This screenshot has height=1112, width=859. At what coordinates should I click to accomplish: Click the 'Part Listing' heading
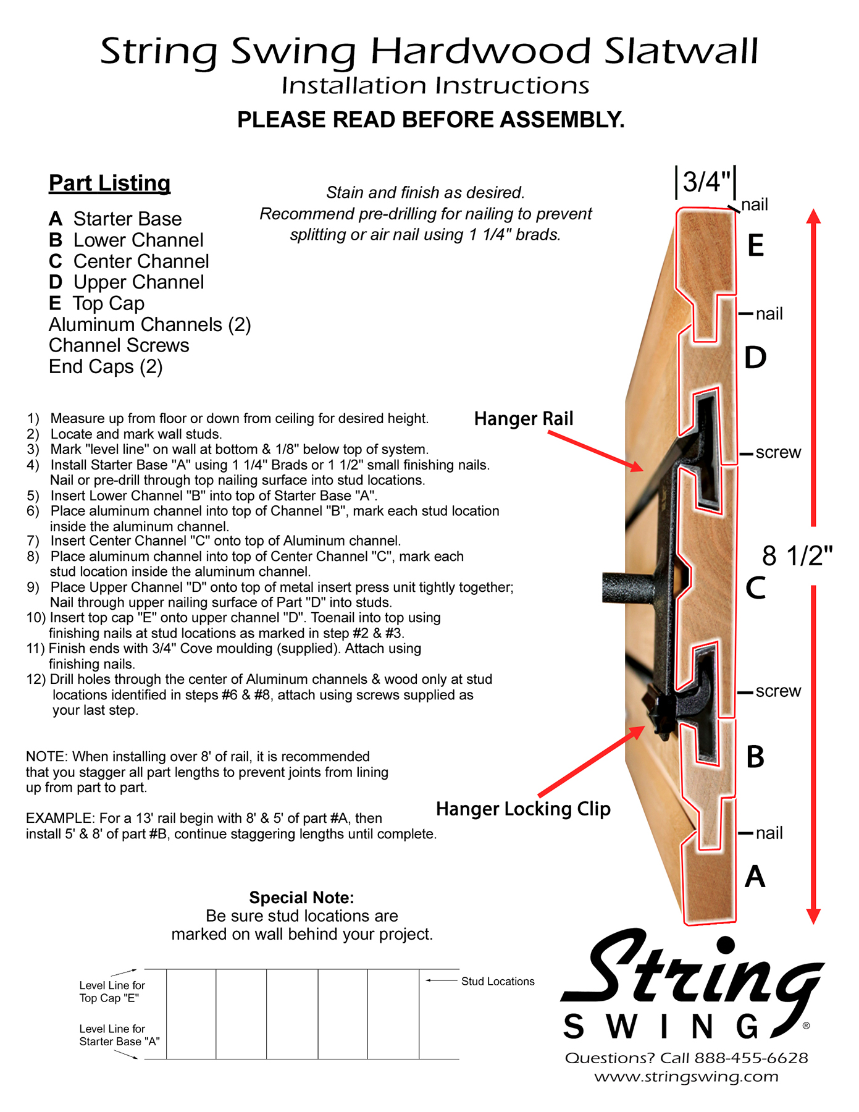click(x=109, y=183)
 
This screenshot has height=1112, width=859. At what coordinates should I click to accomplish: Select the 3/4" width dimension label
click(x=706, y=182)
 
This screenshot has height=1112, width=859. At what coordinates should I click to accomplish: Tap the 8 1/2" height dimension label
click(x=797, y=556)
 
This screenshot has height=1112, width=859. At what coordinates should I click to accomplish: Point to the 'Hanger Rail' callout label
click(x=524, y=419)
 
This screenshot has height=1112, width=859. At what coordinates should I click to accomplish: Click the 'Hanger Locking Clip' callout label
click(x=523, y=809)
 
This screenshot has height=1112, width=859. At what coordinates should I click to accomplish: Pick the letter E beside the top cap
click(x=755, y=246)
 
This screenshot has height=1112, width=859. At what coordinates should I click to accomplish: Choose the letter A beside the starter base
click(x=755, y=877)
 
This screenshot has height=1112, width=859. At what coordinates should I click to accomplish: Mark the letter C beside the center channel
click(x=755, y=588)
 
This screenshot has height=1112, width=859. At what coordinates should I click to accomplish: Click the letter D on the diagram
click(x=755, y=358)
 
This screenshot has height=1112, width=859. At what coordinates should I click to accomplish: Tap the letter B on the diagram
click(x=755, y=757)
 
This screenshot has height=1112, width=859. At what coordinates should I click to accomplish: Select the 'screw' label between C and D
click(x=778, y=453)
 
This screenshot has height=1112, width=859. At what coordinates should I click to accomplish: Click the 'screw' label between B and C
click(x=778, y=691)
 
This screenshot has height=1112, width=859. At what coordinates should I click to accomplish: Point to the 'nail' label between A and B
click(x=769, y=833)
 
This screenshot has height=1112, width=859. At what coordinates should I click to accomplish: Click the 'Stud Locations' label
click(x=498, y=982)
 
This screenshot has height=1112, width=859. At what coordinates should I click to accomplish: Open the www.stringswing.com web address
click(x=686, y=1077)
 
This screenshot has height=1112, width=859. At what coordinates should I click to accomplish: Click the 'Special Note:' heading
click(x=301, y=898)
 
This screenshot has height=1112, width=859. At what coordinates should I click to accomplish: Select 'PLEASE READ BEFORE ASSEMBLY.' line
click(x=431, y=120)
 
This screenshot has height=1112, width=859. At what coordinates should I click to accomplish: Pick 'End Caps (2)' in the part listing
click(x=106, y=367)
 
